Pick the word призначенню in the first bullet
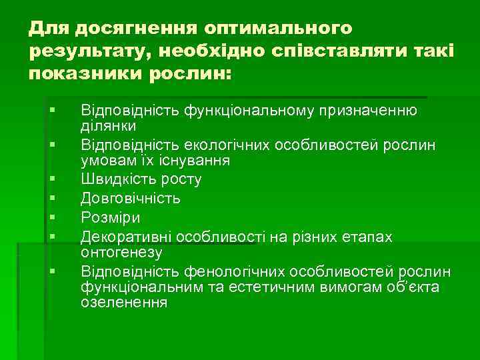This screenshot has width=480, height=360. [363, 110]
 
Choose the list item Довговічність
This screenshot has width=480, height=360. [130, 198]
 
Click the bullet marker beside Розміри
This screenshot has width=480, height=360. [51, 217]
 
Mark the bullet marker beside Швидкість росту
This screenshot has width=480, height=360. [51, 179]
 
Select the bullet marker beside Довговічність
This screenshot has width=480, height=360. [51, 198]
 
